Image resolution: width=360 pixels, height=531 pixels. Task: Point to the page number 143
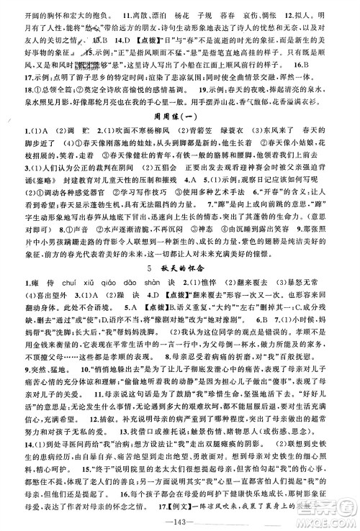click(x=179, y=521)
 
